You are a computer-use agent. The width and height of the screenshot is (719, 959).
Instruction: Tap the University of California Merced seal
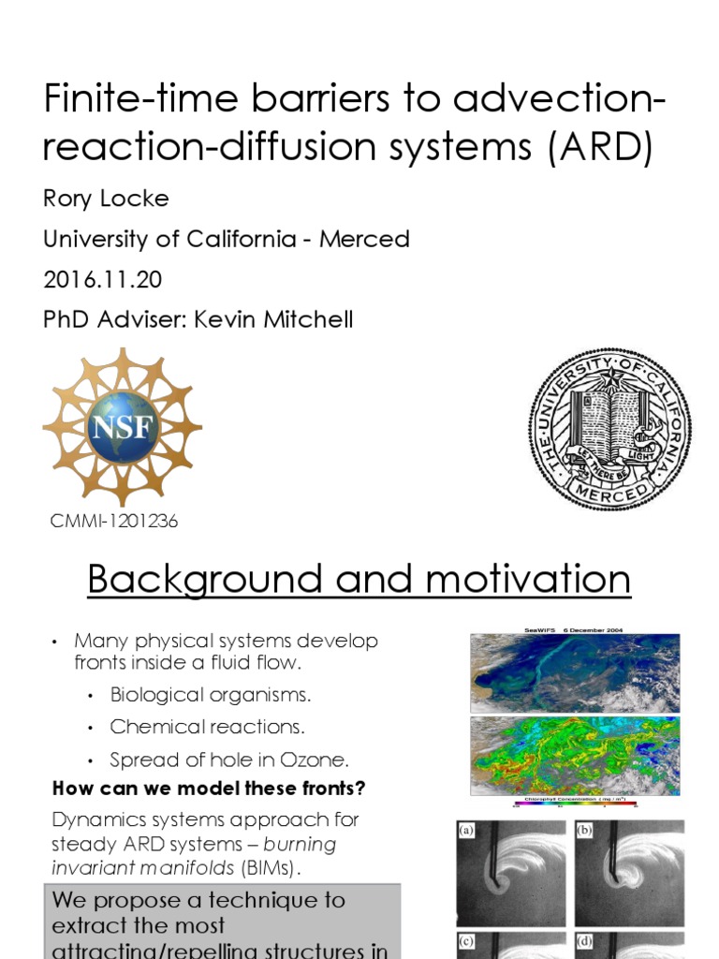tap(609, 430)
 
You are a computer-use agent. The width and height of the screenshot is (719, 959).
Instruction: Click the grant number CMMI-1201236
tap(113, 522)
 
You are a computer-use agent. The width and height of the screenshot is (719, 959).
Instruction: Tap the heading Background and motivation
tap(359, 580)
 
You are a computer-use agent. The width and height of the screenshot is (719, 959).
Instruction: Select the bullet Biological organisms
tap(210, 695)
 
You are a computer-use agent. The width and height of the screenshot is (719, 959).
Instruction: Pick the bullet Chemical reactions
tap(208, 727)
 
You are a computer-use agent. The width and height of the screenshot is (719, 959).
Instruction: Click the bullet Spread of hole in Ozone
tap(229, 760)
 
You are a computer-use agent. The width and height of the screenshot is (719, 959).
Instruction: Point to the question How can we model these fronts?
tap(209, 789)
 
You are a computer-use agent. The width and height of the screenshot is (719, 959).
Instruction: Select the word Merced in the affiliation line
tap(364, 239)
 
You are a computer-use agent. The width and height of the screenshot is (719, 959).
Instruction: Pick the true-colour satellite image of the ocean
tap(575, 672)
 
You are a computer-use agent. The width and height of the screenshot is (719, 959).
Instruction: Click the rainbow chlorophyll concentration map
tap(575, 756)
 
